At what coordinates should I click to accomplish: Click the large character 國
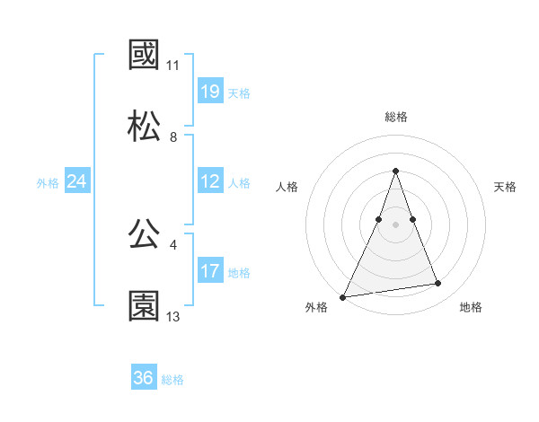pos(145,56)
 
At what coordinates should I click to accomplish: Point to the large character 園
pos(145,305)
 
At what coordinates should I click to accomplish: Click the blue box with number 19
pos(210,92)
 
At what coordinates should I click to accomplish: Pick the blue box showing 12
pos(210,181)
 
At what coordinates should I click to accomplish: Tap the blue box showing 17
pos(210,271)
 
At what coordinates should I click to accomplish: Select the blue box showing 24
pos(77,181)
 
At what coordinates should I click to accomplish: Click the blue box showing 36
pos(144,378)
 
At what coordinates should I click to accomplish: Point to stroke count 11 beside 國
pos(173,66)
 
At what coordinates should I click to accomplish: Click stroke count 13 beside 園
pos(173,317)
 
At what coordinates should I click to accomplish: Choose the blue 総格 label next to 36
pos(172,380)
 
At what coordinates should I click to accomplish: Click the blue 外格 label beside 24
pos(48,183)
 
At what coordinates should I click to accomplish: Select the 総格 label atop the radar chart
pos(396,117)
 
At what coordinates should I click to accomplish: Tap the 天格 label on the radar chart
pos(506,187)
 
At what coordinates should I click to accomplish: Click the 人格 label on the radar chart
pos(287,187)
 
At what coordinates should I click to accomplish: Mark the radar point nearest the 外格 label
pos(343,296)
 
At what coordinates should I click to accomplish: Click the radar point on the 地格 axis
pos(438,284)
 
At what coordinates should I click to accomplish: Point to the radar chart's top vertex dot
pos(395,171)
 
